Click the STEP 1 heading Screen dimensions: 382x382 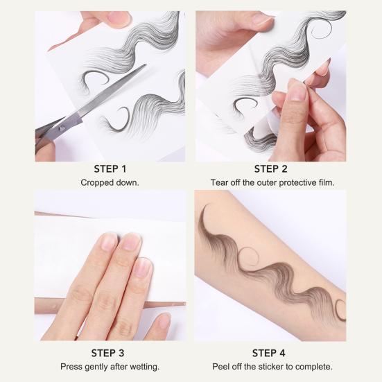tap(110, 168)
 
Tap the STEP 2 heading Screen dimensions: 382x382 tap(270, 168)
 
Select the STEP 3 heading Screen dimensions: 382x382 tap(110, 352)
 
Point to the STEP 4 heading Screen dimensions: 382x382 tap(270, 352)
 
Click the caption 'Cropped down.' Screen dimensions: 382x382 tap(110, 182)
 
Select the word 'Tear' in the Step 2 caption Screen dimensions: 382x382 tap(220, 182)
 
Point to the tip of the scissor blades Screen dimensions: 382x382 tap(145, 66)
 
